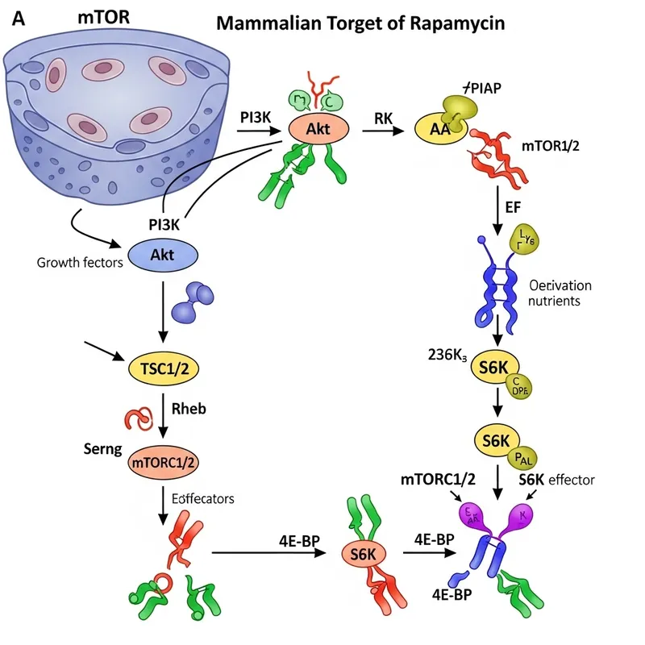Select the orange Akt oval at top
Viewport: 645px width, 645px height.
tap(316, 127)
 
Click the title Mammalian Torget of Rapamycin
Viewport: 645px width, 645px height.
tap(361, 23)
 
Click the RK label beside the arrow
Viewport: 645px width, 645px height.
tap(383, 119)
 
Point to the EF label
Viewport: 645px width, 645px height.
tap(513, 207)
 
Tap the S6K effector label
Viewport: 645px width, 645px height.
tap(556, 480)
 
